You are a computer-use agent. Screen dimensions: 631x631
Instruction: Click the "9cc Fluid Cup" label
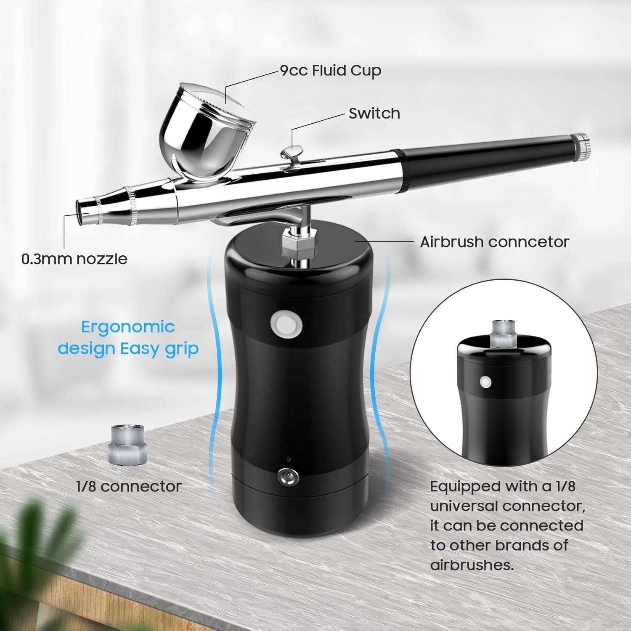tap(331, 71)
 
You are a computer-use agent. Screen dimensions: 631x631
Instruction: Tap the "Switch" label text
tap(374, 114)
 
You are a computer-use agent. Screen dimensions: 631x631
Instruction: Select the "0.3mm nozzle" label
tap(74, 259)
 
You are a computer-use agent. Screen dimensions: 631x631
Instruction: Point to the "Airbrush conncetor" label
tap(494, 242)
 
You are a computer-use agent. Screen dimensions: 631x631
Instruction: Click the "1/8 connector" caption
tap(129, 486)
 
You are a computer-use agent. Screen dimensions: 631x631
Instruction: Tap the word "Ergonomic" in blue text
tap(128, 327)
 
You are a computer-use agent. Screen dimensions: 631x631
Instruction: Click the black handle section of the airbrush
tap(484, 158)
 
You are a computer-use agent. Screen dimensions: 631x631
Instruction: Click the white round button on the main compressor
tap(286, 324)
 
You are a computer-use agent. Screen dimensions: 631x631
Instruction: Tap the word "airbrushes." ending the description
tap(472, 565)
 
